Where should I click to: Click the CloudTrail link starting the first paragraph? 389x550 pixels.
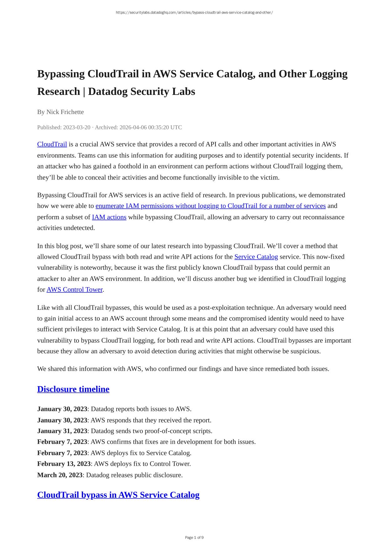[52, 144]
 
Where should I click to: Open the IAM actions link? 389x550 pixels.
[109, 217]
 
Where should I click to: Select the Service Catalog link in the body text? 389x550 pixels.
[256, 257]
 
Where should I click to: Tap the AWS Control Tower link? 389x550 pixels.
[75, 290]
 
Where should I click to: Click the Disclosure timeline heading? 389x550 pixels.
[73, 389]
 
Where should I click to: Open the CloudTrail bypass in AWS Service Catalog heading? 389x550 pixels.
[118, 495]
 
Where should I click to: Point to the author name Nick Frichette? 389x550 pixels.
[65, 112]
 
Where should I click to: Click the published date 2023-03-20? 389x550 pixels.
[76, 127]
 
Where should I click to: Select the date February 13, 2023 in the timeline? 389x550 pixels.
[64, 464]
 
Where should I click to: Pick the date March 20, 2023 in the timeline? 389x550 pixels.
[60, 475]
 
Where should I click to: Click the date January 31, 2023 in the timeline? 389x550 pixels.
[62, 431]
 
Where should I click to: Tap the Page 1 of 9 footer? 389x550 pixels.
[194, 538]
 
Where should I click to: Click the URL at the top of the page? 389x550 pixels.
[194, 13]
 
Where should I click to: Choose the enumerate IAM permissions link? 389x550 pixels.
[210, 206]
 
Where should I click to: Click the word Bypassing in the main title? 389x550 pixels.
[61, 74]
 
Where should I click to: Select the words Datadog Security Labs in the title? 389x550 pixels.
[142, 91]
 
